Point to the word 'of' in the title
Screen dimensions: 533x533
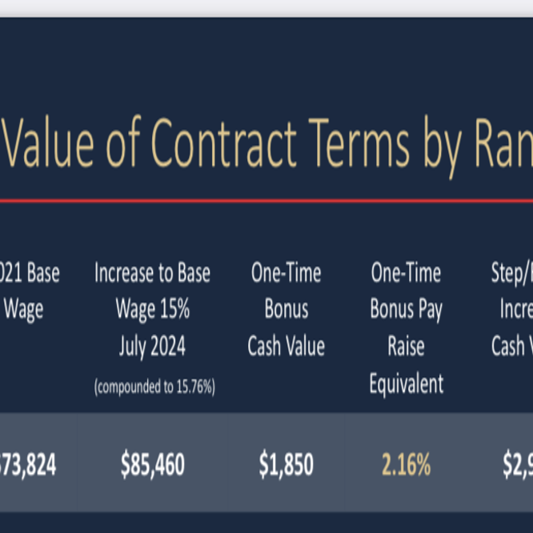122,143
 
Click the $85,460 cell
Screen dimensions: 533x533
152,464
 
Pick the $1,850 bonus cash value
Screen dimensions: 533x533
286,464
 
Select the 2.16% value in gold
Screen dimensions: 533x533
406,464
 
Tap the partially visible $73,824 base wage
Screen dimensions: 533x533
28,464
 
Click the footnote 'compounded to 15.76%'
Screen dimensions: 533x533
154,387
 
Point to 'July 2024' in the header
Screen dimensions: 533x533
152,347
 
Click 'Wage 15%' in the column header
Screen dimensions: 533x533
152,310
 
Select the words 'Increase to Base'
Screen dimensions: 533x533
152,273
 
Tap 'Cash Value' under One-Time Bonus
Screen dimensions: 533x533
286,347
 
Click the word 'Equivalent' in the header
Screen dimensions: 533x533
406,384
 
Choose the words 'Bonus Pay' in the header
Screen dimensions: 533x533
406,310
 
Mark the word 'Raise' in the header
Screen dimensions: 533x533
406,347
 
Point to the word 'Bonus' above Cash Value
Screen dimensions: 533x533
286,310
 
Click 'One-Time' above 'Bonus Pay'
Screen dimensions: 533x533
406,273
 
